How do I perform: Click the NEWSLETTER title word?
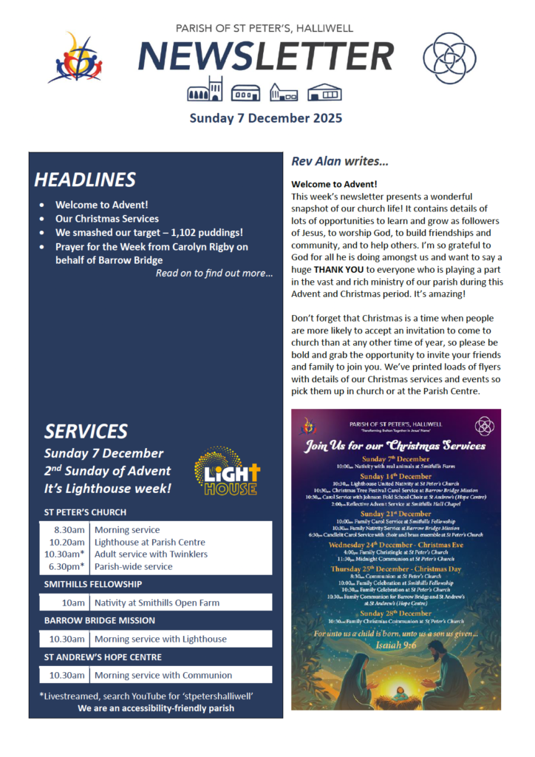point(267,57)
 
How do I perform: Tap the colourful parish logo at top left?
point(74,57)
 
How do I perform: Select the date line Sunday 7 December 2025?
point(266,118)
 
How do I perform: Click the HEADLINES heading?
point(85,180)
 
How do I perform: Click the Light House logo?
point(227,470)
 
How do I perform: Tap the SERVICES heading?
point(86,431)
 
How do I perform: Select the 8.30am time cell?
point(69,529)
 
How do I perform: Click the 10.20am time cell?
point(67,542)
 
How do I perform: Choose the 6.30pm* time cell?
point(67,566)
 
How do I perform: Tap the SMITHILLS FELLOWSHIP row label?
point(92,584)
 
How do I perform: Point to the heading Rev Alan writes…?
point(340,160)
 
